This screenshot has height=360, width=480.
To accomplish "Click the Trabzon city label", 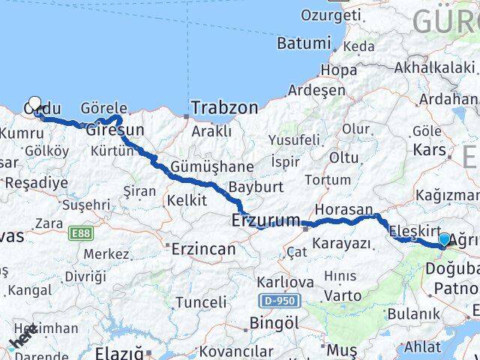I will click(x=223, y=108).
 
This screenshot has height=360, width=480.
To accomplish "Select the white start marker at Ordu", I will click(x=34, y=104).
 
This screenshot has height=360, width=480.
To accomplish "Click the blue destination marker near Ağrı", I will click(x=444, y=240).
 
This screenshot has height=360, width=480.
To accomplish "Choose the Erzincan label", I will click(x=203, y=248).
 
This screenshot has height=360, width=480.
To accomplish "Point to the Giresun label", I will click(x=115, y=130).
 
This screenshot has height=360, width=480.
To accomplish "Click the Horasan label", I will click(x=343, y=210).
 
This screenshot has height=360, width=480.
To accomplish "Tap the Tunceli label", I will click(x=200, y=302).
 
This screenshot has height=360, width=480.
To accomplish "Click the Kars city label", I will click(x=430, y=149).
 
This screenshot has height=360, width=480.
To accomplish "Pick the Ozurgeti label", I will click(x=326, y=14).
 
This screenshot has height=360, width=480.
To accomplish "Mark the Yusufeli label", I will click(x=294, y=139).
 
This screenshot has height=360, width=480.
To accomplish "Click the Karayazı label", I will click(x=341, y=243).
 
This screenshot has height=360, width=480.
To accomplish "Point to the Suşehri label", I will click(x=85, y=204).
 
